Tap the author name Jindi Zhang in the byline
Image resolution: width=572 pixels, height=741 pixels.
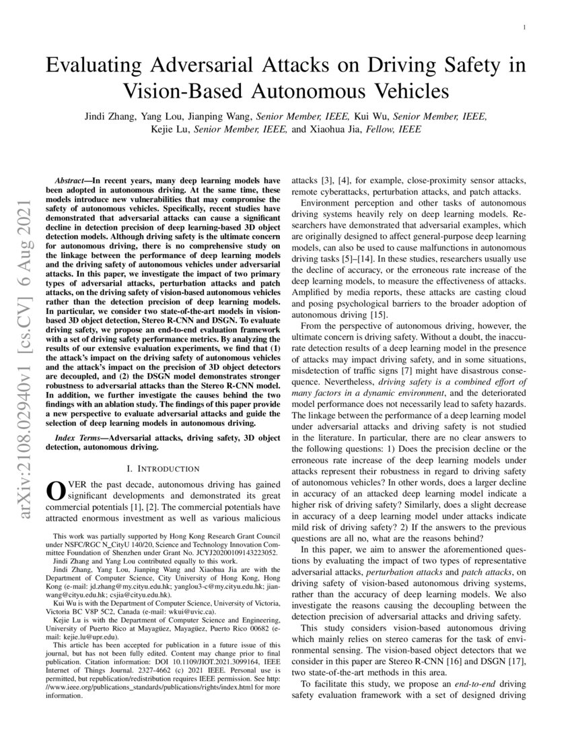coord(108,117)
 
